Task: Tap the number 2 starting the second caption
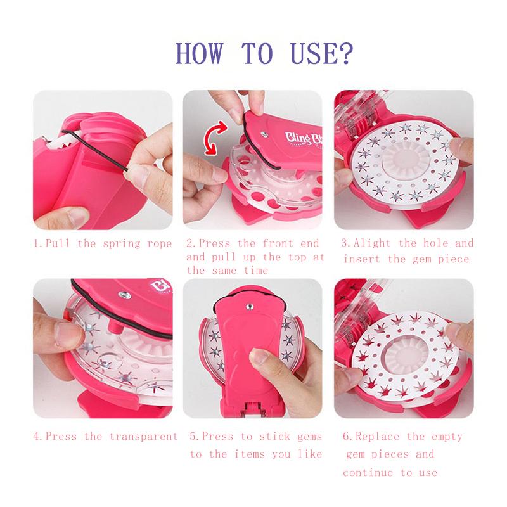click(189, 243)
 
